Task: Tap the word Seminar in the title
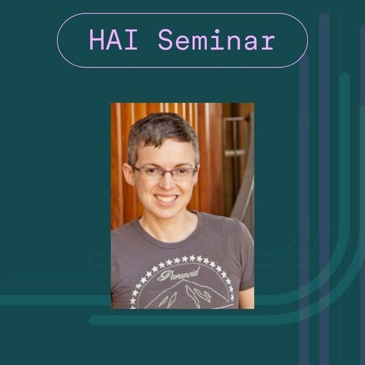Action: click(216, 40)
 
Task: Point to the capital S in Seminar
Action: click(165, 40)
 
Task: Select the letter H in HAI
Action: click(97, 40)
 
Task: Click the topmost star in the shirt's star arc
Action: click(180, 258)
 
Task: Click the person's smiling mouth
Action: click(165, 198)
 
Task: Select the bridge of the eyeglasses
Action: click(164, 171)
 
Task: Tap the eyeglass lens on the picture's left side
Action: click(148, 173)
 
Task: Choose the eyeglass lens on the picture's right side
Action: click(182, 173)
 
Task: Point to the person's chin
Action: click(166, 214)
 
